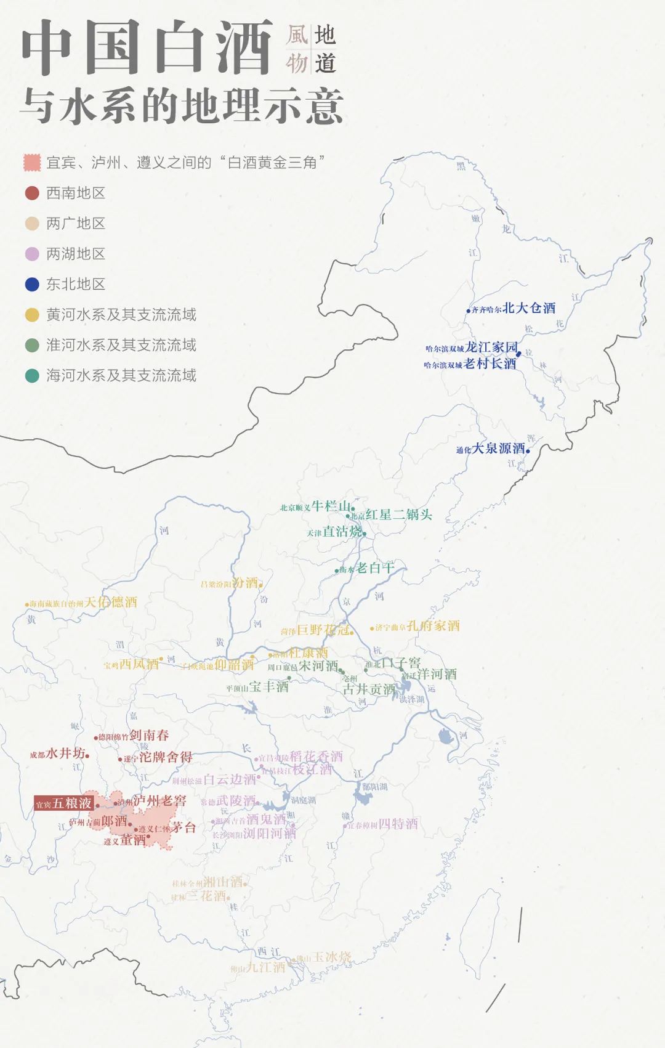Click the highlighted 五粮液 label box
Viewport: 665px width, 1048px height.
point(64,803)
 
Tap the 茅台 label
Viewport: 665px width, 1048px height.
point(183,827)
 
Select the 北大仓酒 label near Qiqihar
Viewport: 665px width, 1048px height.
point(529,308)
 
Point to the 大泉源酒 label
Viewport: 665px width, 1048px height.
point(499,449)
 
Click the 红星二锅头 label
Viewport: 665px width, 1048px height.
point(399,514)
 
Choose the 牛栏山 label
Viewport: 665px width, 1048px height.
point(331,506)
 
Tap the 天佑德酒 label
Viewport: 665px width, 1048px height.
point(111,602)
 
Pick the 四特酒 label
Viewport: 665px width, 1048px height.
point(398,824)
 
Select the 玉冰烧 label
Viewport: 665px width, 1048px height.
point(332,957)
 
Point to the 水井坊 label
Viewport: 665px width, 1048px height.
point(65,753)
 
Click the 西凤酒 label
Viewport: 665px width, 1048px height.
point(139,664)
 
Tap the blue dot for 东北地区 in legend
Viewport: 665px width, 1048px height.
point(32,284)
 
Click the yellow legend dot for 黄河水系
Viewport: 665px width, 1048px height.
point(32,315)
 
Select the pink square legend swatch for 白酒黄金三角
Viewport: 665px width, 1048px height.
point(32,163)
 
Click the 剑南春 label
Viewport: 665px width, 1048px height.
point(149,735)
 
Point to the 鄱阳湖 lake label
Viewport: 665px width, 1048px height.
point(374,787)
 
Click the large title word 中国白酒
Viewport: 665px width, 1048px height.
point(148,48)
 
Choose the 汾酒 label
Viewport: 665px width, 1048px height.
point(245,583)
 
